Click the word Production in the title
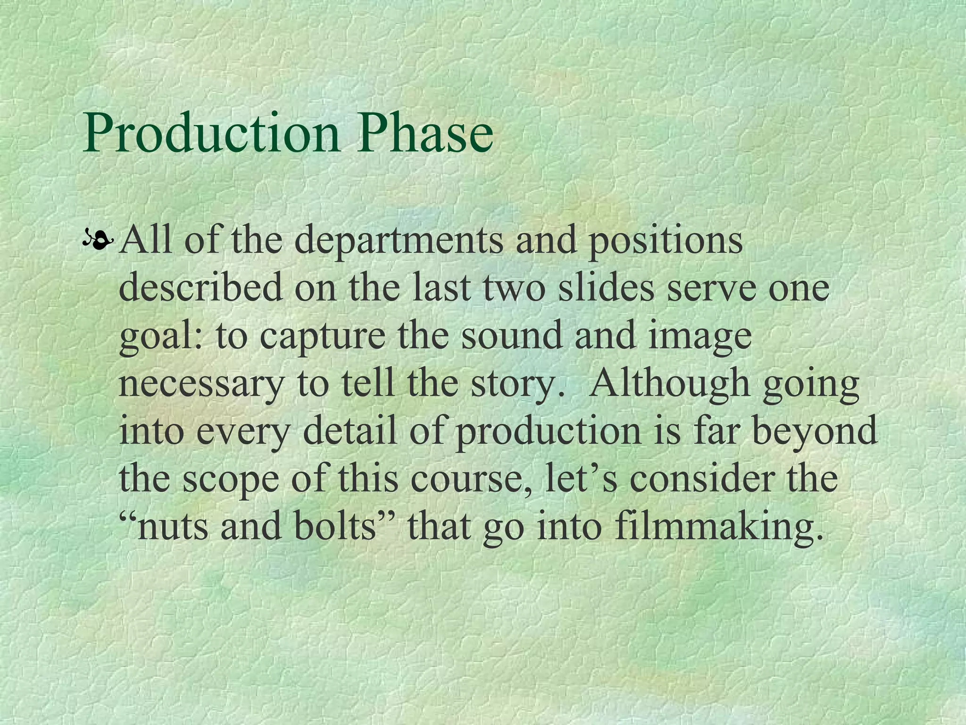click(210, 133)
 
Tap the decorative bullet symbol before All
click(98, 242)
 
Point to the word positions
click(665, 241)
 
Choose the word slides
click(607, 288)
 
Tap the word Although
click(670, 383)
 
